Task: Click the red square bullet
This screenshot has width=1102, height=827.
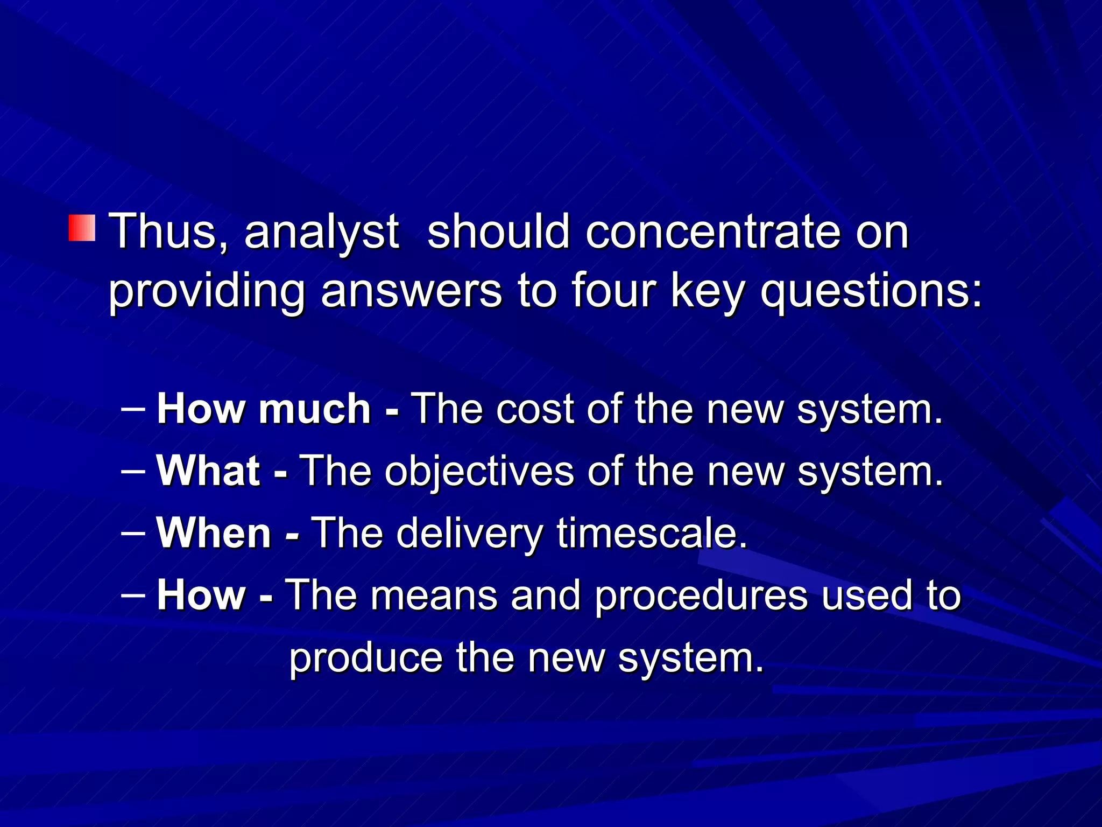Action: (x=82, y=228)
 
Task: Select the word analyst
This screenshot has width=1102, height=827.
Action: (x=321, y=233)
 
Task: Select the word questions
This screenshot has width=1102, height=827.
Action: (x=871, y=292)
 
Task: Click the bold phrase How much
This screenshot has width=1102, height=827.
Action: (x=264, y=409)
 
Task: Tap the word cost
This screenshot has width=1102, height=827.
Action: (x=535, y=409)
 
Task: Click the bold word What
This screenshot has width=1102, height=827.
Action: (x=208, y=471)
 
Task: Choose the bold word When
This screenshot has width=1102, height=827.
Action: (x=214, y=532)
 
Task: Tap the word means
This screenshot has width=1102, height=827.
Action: (x=434, y=595)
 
